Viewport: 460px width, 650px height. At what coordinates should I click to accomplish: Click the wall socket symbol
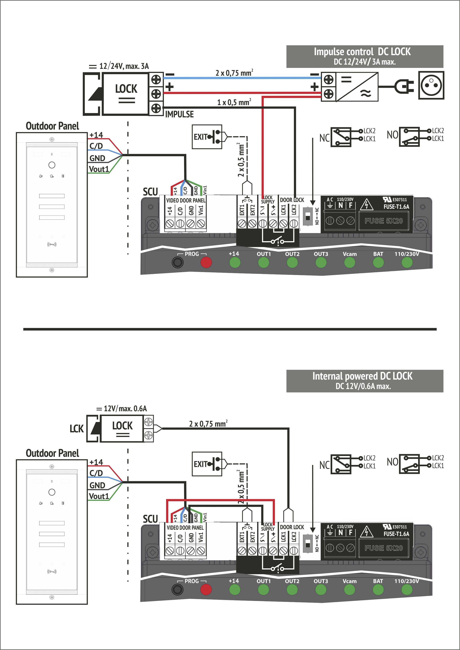431,85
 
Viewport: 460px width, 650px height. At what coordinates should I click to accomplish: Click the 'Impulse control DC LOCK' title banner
365,56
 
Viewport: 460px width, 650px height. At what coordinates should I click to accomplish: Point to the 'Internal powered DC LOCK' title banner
365,381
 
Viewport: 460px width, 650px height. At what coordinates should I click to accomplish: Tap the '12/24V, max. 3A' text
124,66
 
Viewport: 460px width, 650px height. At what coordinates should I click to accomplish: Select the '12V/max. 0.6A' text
125,408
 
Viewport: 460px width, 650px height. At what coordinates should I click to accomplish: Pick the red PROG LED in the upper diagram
206,262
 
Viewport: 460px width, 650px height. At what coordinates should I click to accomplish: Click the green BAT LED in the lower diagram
378,590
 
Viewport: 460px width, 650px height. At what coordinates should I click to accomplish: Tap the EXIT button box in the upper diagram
207,137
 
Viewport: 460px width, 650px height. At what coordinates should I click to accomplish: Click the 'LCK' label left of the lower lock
76,429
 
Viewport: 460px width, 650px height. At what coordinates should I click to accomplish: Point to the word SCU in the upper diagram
150,192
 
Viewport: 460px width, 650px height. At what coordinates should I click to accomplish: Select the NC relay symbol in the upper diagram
341,137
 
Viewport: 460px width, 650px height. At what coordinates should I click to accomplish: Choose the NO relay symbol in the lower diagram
409,464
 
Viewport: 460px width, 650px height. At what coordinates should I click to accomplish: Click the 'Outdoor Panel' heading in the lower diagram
52,453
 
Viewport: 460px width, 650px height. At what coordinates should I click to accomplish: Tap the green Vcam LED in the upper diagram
349,262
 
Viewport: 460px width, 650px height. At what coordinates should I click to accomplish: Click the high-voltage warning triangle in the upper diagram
366,204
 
